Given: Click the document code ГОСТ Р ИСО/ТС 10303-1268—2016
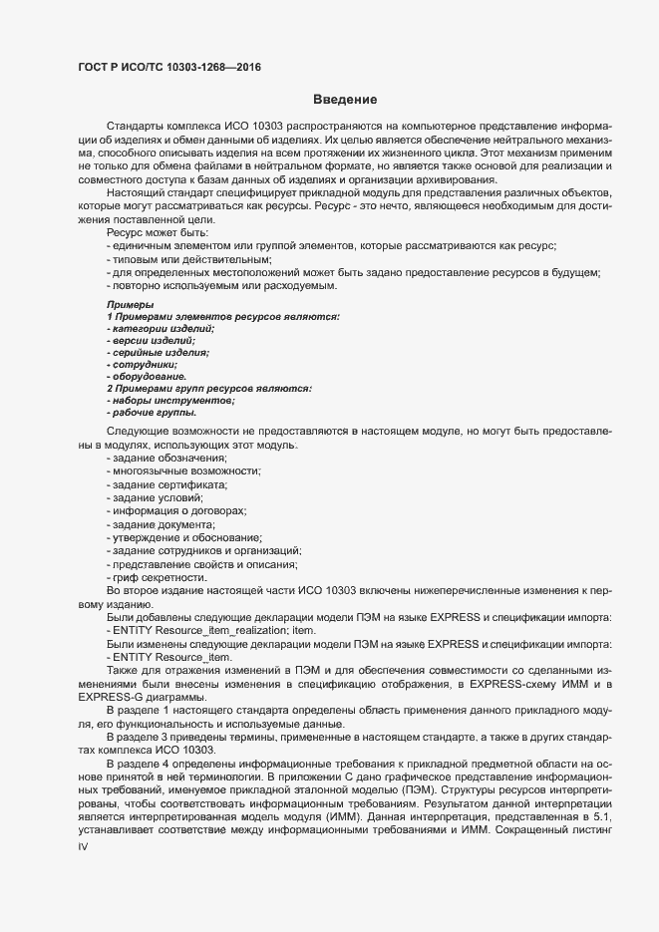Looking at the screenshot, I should [x=170, y=68].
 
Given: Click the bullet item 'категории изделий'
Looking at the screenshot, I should [x=161, y=328].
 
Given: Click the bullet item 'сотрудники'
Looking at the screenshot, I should [x=142, y=365].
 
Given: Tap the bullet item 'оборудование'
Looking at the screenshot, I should [x=146, y=377].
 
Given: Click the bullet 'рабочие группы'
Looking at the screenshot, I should [x=151, y=413].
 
